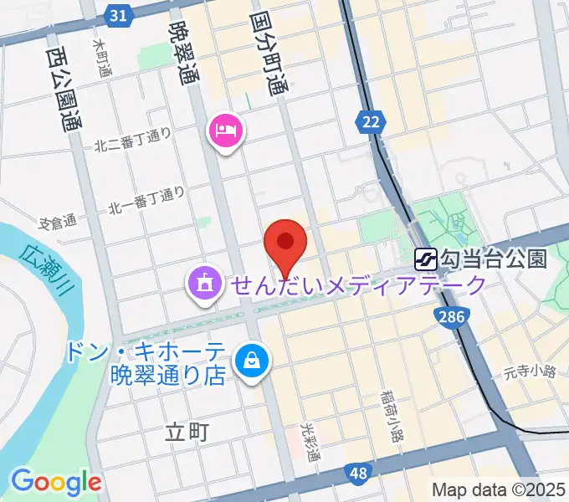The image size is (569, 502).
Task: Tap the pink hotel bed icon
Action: click(x=228, y=131)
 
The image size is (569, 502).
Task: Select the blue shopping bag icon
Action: click(x=250, y=361)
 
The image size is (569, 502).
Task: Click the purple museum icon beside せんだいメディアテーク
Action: click(x=204, y=285)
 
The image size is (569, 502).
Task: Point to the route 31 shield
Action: click(x=120, y=16)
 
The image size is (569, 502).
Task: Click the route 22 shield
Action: click(x=371, y=123)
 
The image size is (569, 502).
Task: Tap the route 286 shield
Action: click(x=449, y=316)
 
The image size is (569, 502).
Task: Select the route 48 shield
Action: click(x=358, y=474)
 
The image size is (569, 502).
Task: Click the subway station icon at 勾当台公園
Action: click(x=426, y=259)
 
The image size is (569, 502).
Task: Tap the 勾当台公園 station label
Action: click(x=494, y=259)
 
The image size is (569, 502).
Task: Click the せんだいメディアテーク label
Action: click(x=359, y=286)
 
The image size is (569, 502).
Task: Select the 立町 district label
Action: click(x=186, y=433)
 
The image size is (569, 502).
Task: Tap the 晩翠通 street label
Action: click(x=179, y=53)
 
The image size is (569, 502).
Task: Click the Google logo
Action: click(x=56, y=481)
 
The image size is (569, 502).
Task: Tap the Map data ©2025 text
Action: click(x=500, y=489)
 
